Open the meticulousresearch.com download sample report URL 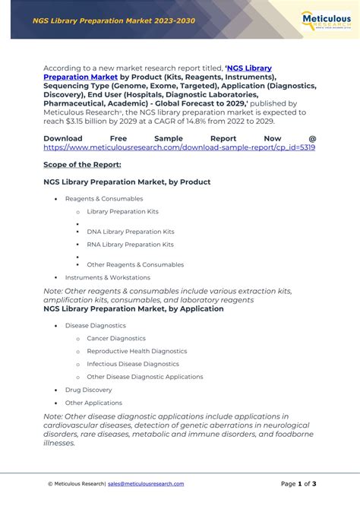pyautogui.click(x=179, y=147)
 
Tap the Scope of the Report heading pyautogui.click(x=82, y=164)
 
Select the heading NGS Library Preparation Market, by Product pyautogui.click(x=127, y=182)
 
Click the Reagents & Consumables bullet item pyautogui.click(x=103, y=199)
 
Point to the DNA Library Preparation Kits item pyautogui.click(x=130, y=232)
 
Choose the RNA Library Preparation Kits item pyautogui.click(x=130, y=245)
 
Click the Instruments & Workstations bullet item pyautogui.click(x=107, y=278)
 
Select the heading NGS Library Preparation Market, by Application pyautogui.click(x=134, y=309)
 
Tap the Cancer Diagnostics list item pyautogui.click(x=116, y=338)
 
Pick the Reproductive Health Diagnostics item pyautogui.click(x=136, y=351)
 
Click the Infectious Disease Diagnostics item pyautogui.click(x=133, y=364)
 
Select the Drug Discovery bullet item pyautogui.click(x=88, y=390)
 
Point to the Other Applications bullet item pyautogui.click(x=93, y=403)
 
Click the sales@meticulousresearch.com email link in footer pyautogui.click(x=146, y=484)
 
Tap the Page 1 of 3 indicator pyautogui.click(x=298, y=484)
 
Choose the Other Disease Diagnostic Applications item pyautogui.click(x=144, y=377)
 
